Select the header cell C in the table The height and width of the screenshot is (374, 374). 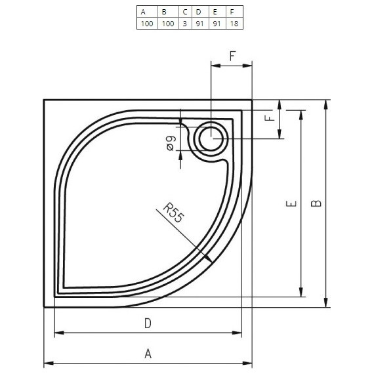(x=185, y=11)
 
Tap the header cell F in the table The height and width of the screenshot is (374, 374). (x=232, y=11)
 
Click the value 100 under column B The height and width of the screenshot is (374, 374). (x=167, y=24)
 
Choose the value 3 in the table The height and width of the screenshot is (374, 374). (x=185, y=24)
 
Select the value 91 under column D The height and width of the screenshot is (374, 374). (x=199, y=24)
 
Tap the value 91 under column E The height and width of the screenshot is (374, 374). (x=217, y=24)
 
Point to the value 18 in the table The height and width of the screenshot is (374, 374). (x=232, y=24)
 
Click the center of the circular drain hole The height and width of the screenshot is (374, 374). (x=211, y=138)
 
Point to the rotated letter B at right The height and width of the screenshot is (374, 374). (x=316, y=203)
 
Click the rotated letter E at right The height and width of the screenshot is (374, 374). (x=291, y=203)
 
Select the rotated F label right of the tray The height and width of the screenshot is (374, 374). (x=268, y=118)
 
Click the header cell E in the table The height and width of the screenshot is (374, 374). (x=217, y=11)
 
